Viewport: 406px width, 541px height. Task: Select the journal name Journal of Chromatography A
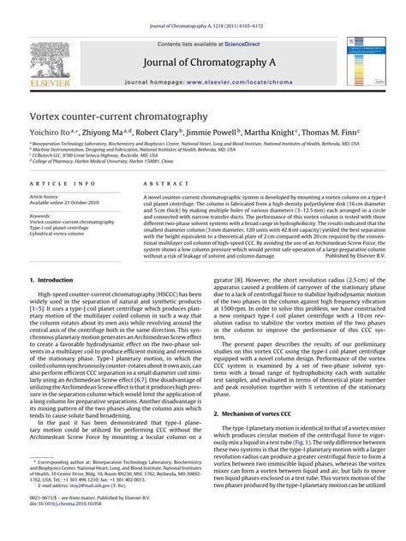203,59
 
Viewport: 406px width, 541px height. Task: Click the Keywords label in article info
40,216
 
